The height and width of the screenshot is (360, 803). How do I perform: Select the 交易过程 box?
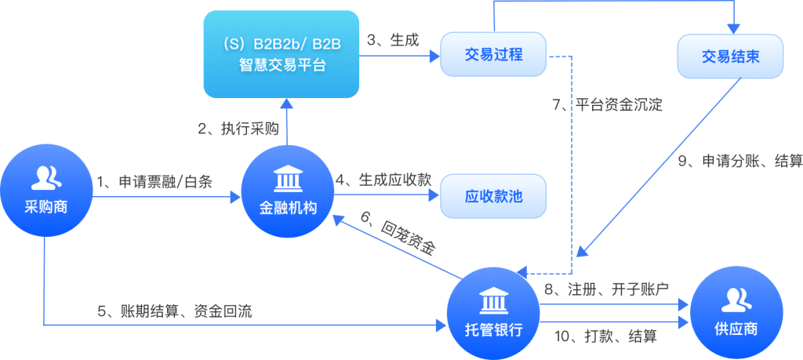493,56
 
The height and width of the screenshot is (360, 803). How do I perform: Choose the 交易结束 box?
730,56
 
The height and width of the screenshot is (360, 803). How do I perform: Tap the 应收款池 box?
493,197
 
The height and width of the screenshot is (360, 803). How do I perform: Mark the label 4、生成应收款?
383,180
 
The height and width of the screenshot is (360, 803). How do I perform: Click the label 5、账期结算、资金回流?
175,311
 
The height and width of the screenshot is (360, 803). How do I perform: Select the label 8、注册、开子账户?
606,289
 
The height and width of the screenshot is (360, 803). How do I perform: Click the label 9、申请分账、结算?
740,162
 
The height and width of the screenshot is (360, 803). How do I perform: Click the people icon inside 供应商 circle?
737,300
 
